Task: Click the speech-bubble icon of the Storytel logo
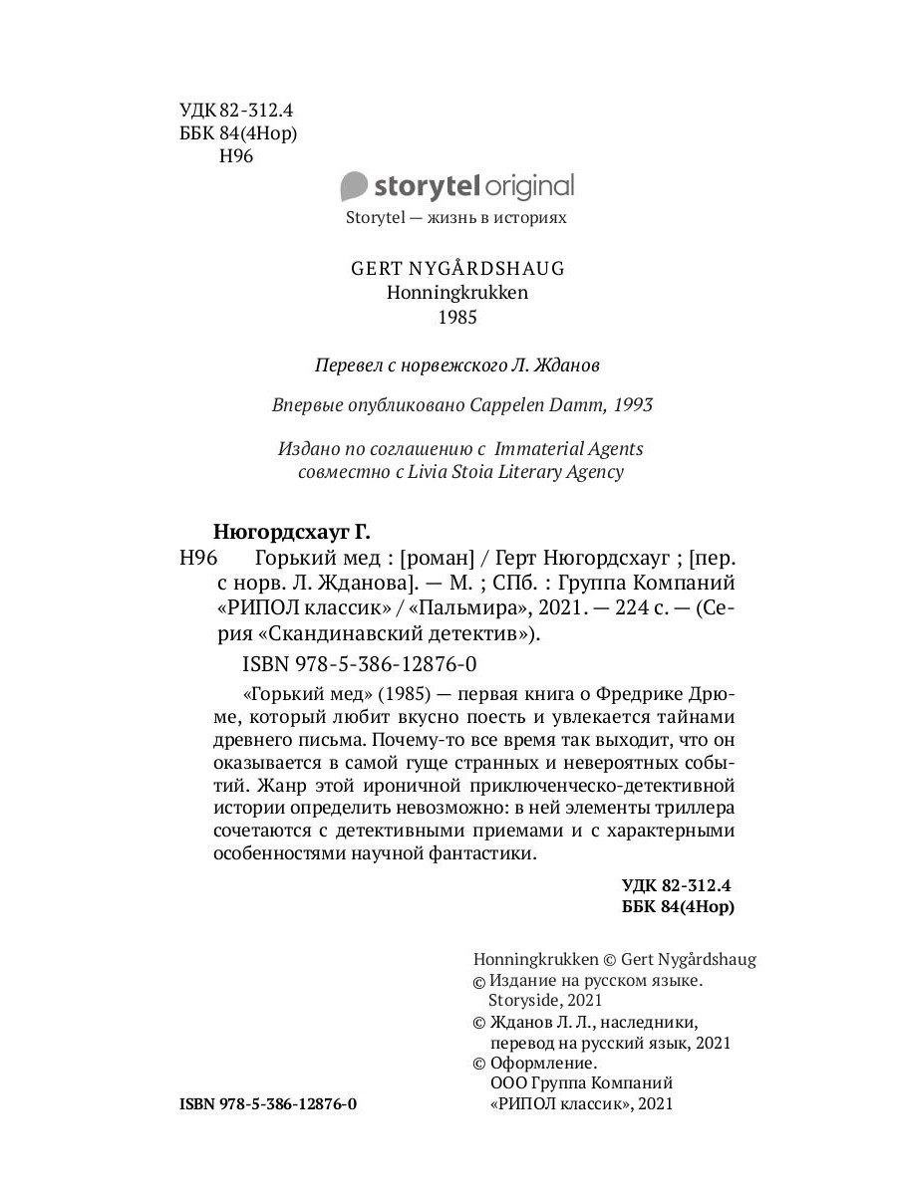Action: pos(354,186)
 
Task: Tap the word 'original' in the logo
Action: pos(529,186)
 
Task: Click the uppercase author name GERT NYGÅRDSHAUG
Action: pos(457,269)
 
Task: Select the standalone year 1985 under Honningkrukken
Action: pos(458,319)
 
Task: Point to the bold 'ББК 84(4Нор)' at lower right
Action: pos(678,907)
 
